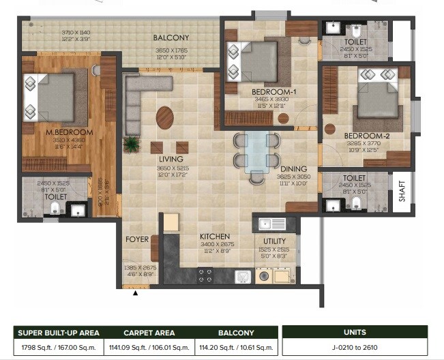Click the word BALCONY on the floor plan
[x=171, y=38]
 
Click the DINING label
[x=293, y=168]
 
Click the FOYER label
[x=136, y=240]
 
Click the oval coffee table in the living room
[x=164, y=117]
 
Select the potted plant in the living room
[x=129, y=144]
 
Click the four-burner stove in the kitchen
[x=205, y=275]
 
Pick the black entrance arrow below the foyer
[x=135, y=293]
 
